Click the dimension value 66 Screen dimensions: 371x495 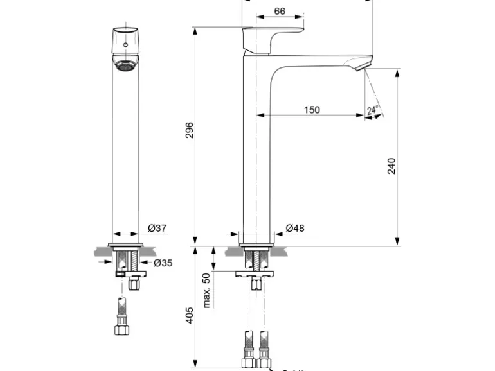pyautogui.click(x=280, y=11)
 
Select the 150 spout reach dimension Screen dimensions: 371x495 pyautogui.click(x=311, y=110)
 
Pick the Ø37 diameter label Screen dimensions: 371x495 pyautogui.click(x=157, y=228)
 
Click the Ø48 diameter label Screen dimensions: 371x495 pyautogui.click(x=294, y=228)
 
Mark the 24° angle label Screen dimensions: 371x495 pyautogui.click(x=372, y=110)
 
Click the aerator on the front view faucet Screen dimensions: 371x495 pyautogui.click(x=125, y=64)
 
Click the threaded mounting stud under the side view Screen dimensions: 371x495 pyautogui.click(x=256, y=259)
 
